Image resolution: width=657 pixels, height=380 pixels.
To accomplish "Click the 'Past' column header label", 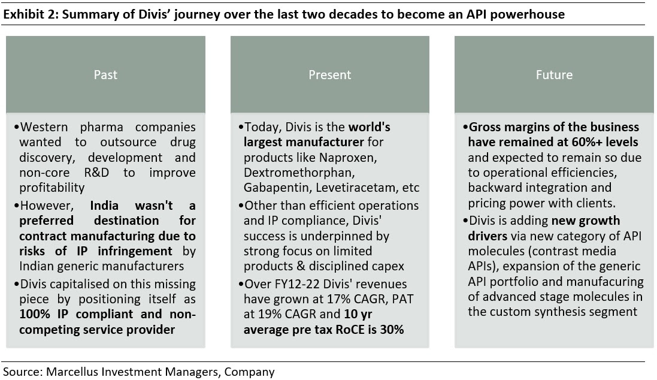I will click(105, 75).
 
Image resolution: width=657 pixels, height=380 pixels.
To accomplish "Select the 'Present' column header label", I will click(329, 75).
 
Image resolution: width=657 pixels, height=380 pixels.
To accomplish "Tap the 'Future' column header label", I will click(554, 75).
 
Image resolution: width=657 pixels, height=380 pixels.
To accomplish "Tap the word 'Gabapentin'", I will click(273, 188).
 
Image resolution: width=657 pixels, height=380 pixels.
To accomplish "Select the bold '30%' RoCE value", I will click(392, 330).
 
